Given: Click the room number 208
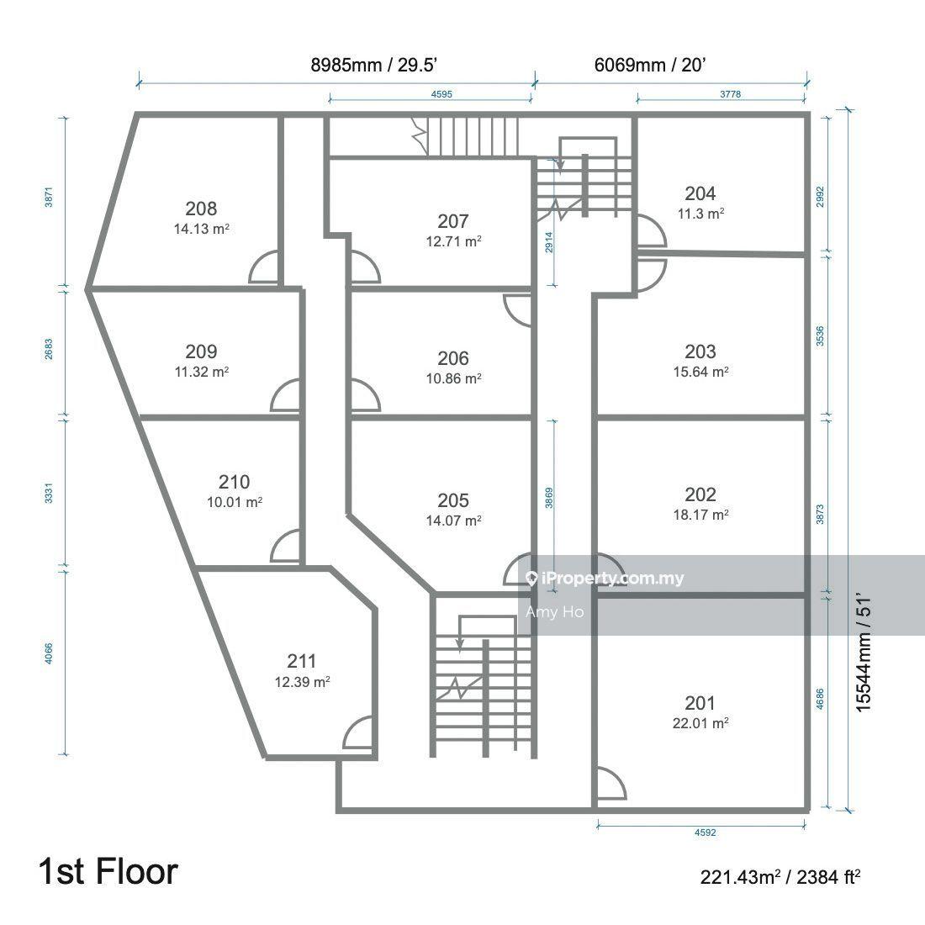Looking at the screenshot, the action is (x=201, y=209).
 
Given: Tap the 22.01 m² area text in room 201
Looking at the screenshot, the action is (x=700, y=722).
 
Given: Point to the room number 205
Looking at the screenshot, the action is (x=453, y=500).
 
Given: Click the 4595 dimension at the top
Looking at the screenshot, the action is (x=441, y=94).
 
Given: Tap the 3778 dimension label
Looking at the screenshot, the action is (x=730, y=94).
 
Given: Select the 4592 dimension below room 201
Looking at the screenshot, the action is (x=705, y=832).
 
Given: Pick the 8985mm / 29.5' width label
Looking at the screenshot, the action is (x=373, y=65).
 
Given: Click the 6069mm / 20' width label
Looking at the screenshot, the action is (x=650, y=65).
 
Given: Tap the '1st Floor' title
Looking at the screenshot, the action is (x=108, y=871).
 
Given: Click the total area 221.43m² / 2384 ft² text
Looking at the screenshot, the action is (x=780, y=877).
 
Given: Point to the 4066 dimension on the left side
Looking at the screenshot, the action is (x=49, y=653).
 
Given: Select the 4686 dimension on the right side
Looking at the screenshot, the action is (x=820, y=699).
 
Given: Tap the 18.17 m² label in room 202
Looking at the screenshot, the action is (x=700, y=515).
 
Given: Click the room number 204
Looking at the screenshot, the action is (x=700, y=193).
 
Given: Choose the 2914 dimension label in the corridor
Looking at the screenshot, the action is (x=549, y=242).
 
